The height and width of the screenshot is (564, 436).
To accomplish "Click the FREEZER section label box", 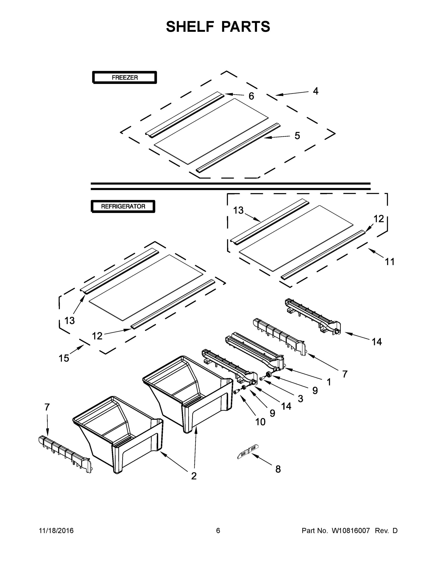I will (125, 78).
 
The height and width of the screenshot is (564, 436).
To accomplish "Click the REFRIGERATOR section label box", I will (123, 206).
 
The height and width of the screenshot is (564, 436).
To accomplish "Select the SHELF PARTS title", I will (218, 27).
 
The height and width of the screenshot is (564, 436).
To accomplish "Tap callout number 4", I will (316, 91).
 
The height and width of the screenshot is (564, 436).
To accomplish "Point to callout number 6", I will (251, 96).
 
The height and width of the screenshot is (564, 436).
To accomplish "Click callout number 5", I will (297, 136).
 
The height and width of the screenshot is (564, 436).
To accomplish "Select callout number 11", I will (389, 262).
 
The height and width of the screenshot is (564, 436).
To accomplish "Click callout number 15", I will (64, 358).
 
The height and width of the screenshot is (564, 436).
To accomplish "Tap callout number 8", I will (278, 469).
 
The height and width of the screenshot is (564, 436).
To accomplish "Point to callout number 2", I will (194, 476).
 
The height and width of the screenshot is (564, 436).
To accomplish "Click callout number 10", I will (260, 422).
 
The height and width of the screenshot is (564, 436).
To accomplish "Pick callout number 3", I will (300, 399).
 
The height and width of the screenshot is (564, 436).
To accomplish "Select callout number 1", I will (329, 382).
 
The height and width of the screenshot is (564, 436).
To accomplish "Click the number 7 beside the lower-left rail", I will (47, 407).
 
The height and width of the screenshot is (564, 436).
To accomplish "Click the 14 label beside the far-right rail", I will (377, 342).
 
